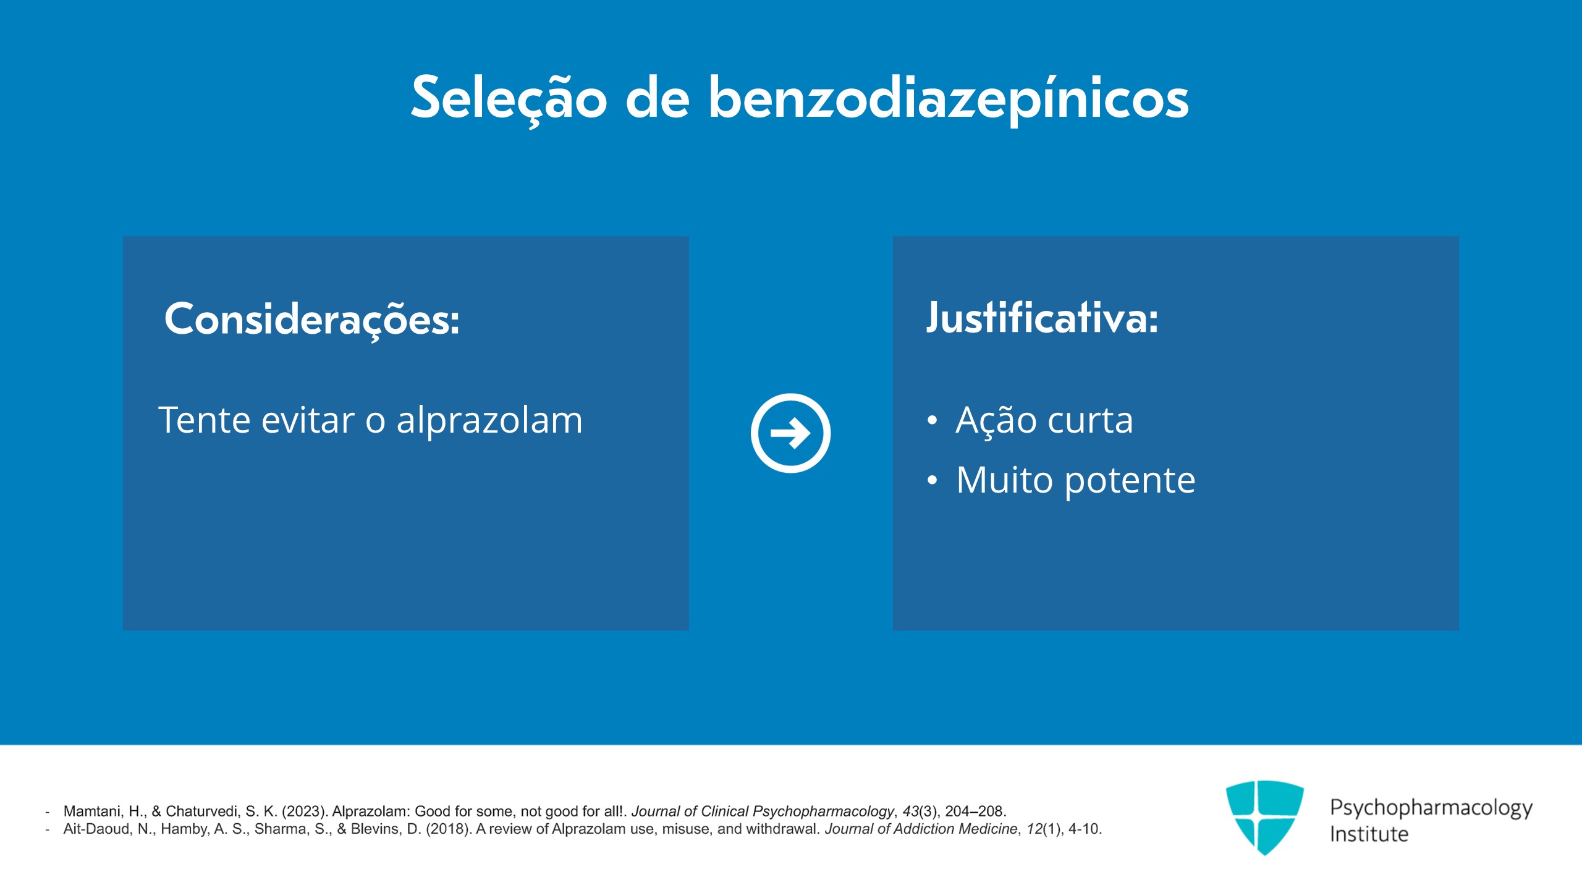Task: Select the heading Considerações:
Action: tap(312, 320)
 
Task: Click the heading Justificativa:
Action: tap(1042, 319)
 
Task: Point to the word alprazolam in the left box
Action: tap(489, 420)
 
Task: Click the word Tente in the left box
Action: tap(204, 420)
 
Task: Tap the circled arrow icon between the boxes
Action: tap(790, 433)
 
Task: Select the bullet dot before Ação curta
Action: tap(932, 421)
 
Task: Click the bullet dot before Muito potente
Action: tap(932, 480)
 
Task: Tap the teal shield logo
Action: tap(1264, 816)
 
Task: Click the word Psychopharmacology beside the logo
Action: tap(1431, 807)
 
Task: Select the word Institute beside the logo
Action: tap(1369, 834)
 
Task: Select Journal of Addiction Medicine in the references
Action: tap(921, 829)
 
